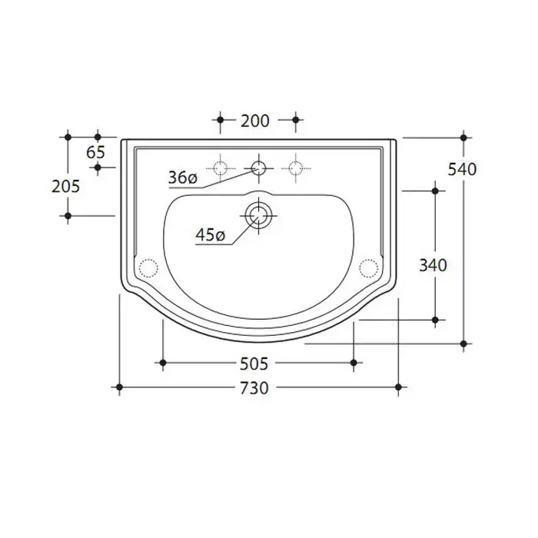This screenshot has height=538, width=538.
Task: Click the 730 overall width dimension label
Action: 254,388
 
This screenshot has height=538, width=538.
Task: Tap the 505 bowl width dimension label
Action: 254,364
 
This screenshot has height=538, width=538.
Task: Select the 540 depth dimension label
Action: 462,170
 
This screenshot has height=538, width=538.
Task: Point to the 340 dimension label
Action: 433,265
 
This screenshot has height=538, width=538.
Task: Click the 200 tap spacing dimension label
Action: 255,121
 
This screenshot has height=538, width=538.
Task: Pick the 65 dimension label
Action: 95,152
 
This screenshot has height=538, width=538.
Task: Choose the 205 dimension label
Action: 65,187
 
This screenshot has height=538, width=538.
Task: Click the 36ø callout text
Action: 183,178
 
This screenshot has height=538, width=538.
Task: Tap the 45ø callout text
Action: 211,235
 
